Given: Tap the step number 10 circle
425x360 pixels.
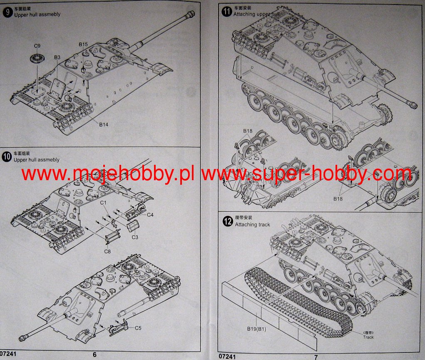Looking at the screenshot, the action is point(7,157).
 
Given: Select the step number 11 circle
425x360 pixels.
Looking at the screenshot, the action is point(226,11).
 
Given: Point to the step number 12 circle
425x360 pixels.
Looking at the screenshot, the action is point(228,221).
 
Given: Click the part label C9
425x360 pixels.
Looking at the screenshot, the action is point(37,46).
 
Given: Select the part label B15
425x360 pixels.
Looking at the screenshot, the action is point(83,44).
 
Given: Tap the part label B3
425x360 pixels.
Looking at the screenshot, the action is point(57,57).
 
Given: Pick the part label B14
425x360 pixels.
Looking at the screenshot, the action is point(104,124).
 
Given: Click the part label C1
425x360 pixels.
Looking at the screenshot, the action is point(103,203).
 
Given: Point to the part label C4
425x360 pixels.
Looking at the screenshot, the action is point(150,215).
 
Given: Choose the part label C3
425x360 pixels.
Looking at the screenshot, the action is point(135,237).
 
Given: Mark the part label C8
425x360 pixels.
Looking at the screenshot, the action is point(107,251).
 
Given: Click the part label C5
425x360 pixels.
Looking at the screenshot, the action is point(138,328).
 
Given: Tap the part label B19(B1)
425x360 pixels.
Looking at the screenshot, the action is point(256,329).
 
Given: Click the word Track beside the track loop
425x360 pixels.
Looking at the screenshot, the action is point(368,337).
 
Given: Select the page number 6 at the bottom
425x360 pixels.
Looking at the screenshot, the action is point(94,354).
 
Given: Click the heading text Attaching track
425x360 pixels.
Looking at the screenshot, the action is point(252,224).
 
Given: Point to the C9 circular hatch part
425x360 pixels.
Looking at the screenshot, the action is point(37,58).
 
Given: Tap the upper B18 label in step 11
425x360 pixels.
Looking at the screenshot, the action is point(247,131).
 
